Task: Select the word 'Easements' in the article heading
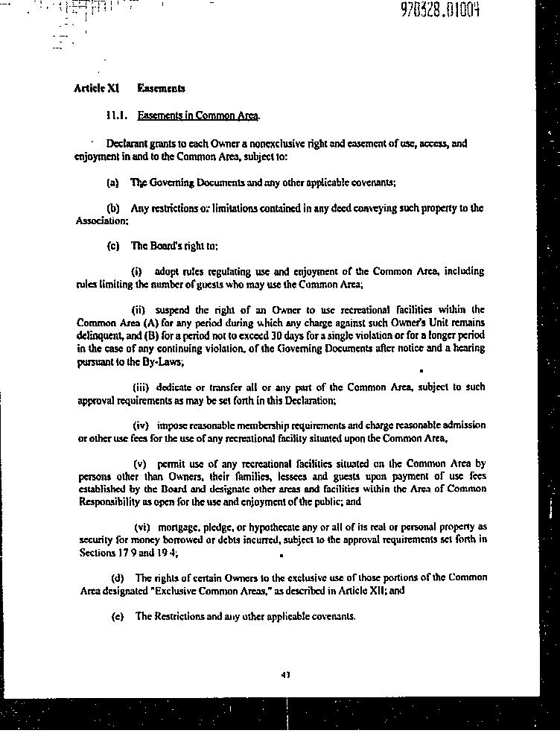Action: [x=161, y=89]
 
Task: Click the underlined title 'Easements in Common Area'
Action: [x=198, y=116]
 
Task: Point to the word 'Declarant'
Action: [x=127, y=144]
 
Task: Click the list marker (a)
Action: [x=113, y=183]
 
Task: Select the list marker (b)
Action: [x=113, y=209]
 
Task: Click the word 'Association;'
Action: [x=102, y=221]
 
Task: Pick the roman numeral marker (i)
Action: [x=137, y=272]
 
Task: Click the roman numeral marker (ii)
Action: [x=139, y=310]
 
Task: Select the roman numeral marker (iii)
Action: [x=141, y=387]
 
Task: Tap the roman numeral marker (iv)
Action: [x=141, y=425]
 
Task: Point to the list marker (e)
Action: [x=117, y=617]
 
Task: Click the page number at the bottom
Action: [x=285, y=675]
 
